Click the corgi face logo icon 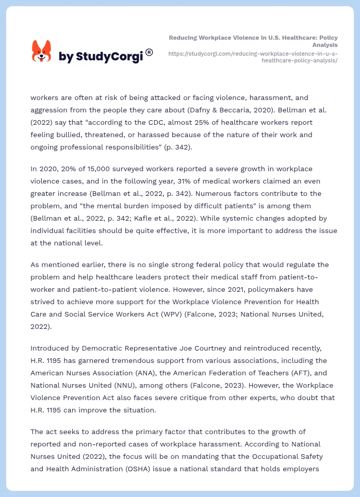click(x=42, y=52)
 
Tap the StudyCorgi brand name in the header click(x=101, y=56)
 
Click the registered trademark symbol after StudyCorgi click(x=149, y=52)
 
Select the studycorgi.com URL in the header click(x=253, y=57)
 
